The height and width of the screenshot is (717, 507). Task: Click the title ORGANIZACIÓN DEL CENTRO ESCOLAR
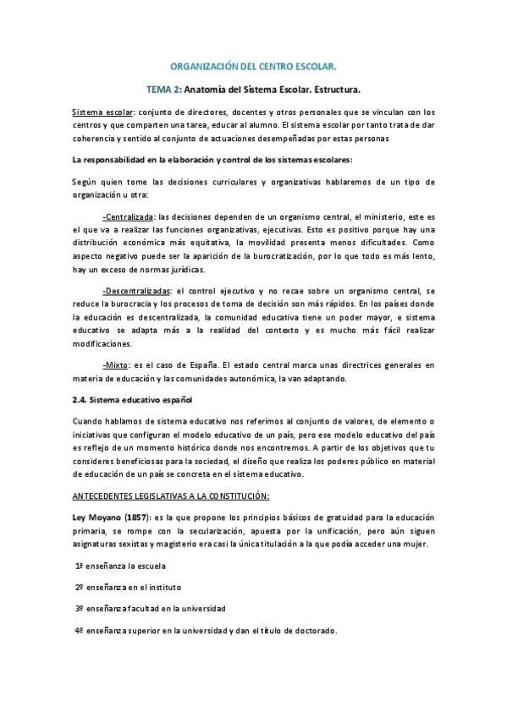point(254,64)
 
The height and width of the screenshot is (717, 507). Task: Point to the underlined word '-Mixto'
point(116,364)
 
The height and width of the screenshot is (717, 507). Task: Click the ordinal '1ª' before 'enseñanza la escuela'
point(80,565)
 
